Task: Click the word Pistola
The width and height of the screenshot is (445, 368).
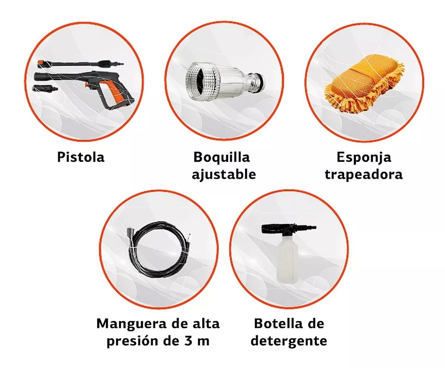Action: tap(81, 157)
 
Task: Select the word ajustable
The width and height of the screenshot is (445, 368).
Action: tap(224, 175)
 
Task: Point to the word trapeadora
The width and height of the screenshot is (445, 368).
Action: tap(363, 175)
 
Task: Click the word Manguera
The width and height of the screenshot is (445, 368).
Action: tap(131, 324)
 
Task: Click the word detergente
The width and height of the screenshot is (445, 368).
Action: tap(289, 341)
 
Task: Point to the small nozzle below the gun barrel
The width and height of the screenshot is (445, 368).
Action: tap(45, 88)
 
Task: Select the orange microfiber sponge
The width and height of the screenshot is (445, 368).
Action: tap(364, 83)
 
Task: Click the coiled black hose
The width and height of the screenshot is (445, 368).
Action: tap(159, 250)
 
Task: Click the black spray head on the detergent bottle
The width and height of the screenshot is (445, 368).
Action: tap(288, 229)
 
